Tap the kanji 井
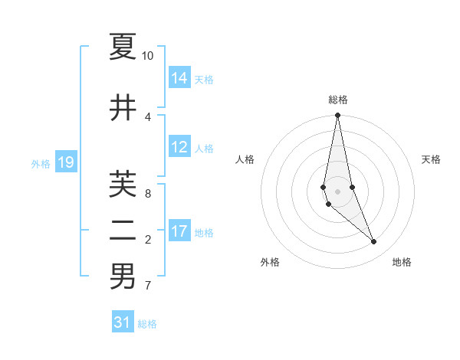(x=123, y=108)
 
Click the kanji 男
(x=123, y=277)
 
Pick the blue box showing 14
(x=179, y=78)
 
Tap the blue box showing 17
(x=179, y=231)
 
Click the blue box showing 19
(x=66, y=162)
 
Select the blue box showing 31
(x=123, y=322)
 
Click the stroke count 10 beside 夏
(x=147, y=56)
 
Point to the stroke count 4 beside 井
(x=147, y=117)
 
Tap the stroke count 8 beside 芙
(x=147, y=194)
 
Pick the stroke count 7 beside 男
(x=147, y=286)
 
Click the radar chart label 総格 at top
(x=337, y=100)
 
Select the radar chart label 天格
(x=431, y=159)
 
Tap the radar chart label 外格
(x=270, y=262)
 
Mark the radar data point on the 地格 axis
(x=374, y=242)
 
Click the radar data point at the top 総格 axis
(x=337, y=116)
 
